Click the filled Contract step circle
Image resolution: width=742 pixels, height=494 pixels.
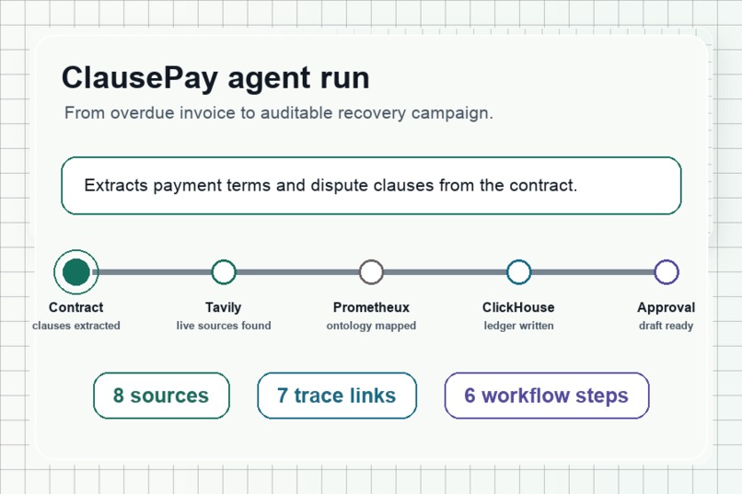click(75, 271)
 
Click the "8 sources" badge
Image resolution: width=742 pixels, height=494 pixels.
click(161, 396)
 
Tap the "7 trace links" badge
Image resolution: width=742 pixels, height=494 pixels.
click(337, 396)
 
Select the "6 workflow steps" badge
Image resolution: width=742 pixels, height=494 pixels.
click(547, 396)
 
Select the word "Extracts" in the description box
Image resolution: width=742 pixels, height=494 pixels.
click(116, 185)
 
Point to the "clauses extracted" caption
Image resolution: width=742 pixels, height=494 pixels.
click(76, 326)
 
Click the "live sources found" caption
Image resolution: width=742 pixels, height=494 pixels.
click(224, 326)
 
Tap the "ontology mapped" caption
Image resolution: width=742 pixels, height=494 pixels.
click(371, 326)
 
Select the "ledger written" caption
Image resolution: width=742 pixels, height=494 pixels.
click(518, 326)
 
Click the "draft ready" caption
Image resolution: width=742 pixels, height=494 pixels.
click(667, 326)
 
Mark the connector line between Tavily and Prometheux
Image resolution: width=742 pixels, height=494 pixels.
click(297, 271)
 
